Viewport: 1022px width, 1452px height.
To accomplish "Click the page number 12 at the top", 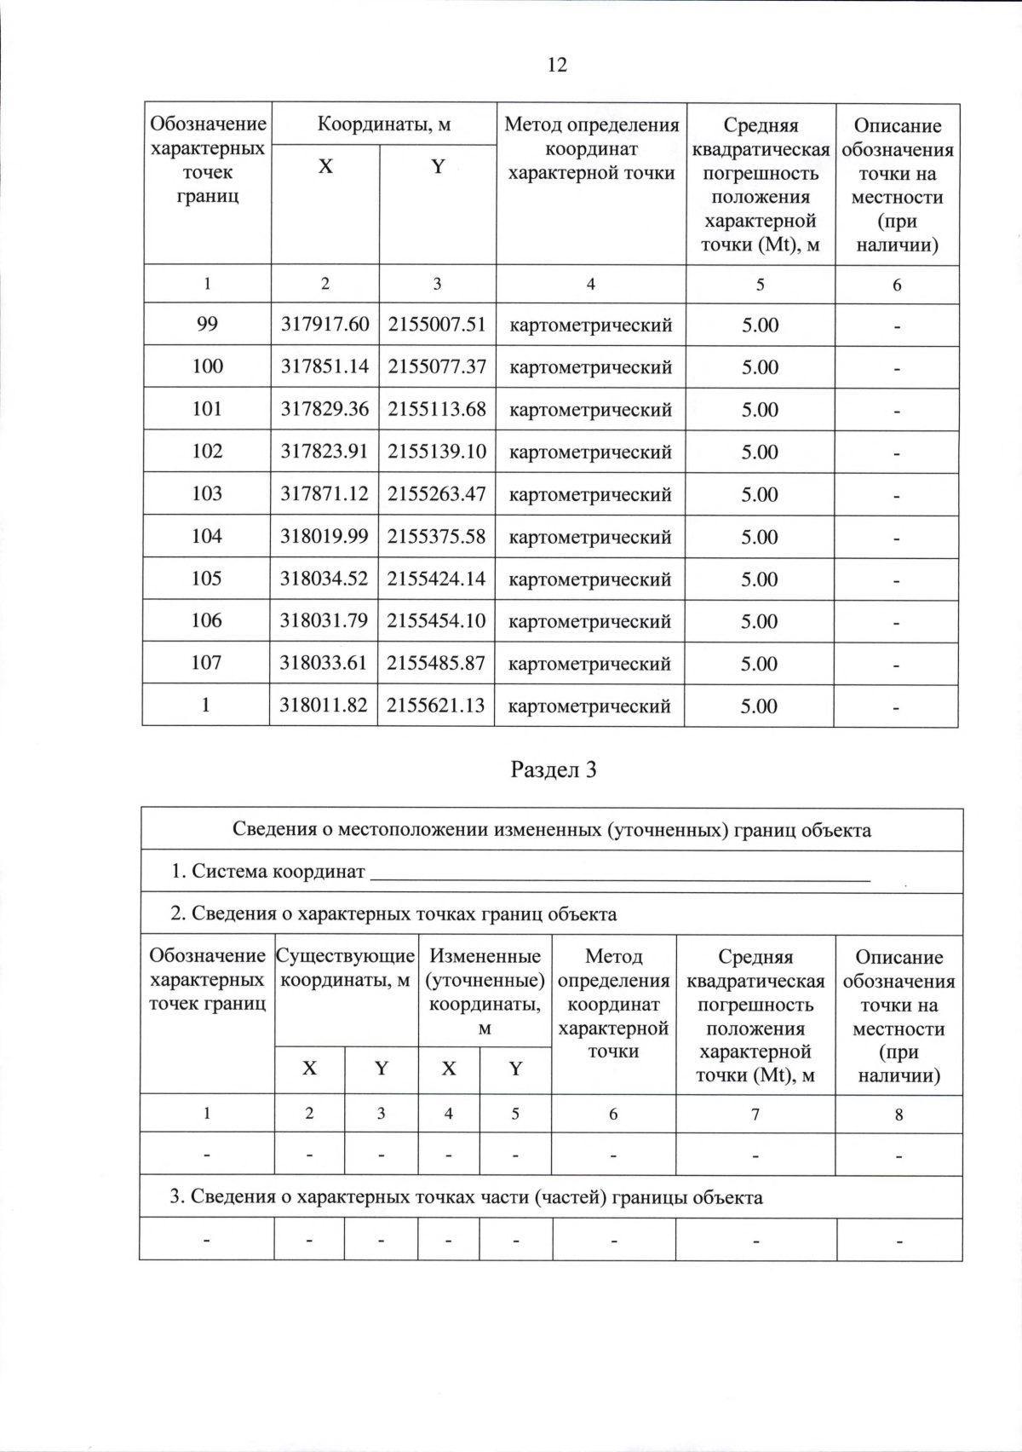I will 557,65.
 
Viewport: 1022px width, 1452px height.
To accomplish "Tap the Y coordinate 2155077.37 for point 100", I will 437,366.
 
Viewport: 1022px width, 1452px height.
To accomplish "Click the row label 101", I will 207,408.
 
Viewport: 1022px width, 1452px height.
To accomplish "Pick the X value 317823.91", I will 324,451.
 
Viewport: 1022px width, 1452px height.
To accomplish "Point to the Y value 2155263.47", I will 437,493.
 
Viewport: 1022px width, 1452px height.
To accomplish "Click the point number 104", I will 207,536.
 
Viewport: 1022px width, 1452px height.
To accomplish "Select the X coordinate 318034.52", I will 324,578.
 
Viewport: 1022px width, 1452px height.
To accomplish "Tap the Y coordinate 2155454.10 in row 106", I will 436,620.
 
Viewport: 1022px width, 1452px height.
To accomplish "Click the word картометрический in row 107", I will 589,663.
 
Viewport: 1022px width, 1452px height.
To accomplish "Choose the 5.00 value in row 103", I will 760,494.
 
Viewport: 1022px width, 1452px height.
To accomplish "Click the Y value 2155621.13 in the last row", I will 436,705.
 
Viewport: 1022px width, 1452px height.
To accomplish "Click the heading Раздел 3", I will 554,770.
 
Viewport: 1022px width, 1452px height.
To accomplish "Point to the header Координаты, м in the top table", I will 383,125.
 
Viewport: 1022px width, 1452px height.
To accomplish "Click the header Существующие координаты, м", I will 346,968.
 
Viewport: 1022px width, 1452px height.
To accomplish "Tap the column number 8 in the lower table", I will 899,1114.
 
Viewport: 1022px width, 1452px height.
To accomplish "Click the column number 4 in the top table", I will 590,285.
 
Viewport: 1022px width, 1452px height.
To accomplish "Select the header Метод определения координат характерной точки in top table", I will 591,149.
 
